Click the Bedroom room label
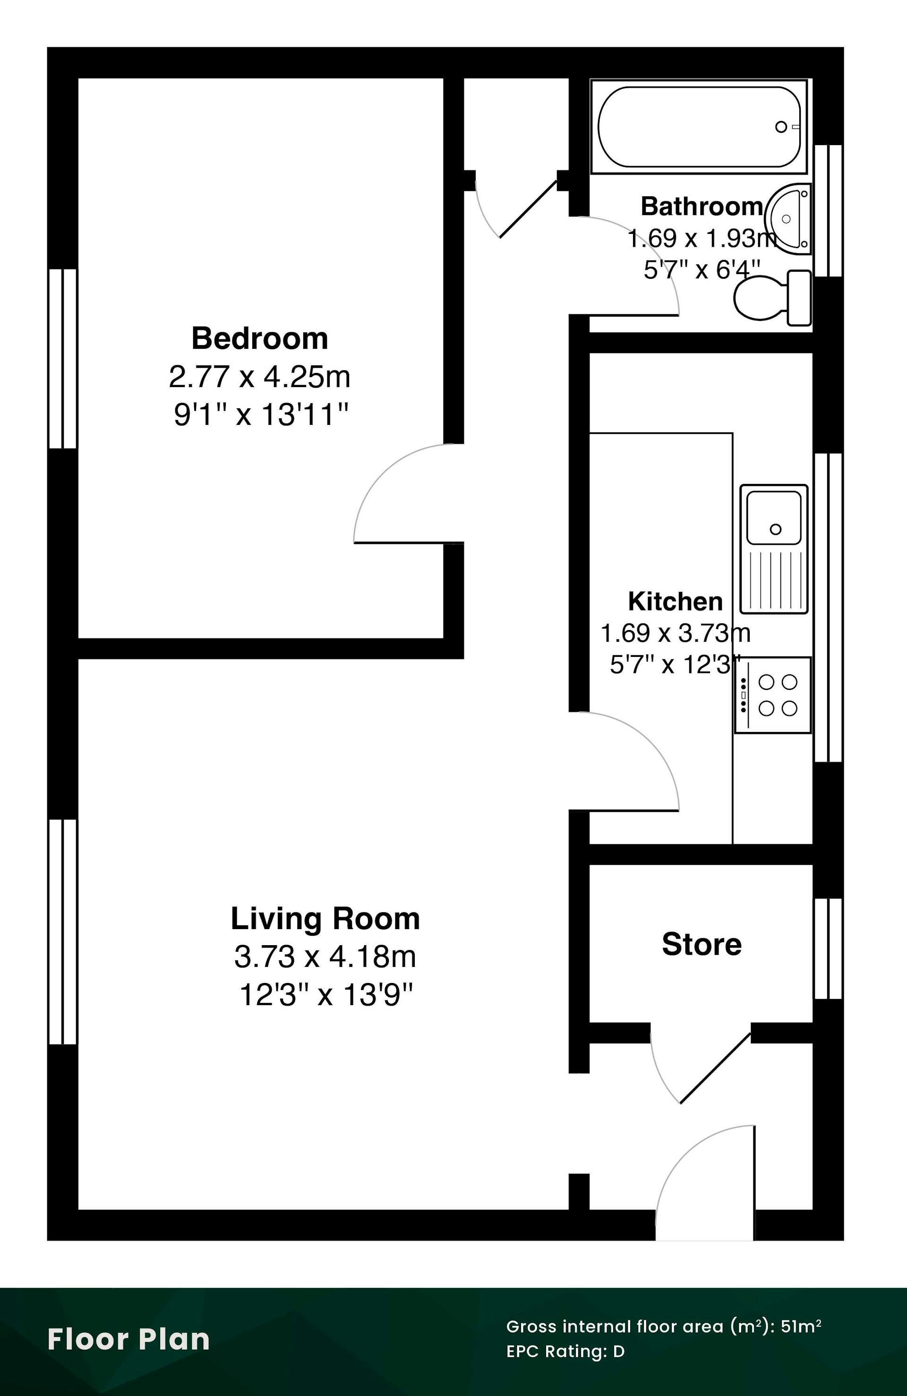(260, 339)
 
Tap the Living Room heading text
(325, 919)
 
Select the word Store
(702, 944)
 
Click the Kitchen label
(676, 602)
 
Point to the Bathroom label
(702, 207)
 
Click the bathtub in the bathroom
(699, 127)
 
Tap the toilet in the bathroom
(772, 297)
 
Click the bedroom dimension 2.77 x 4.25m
(260, 377)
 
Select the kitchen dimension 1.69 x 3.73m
(676, 633)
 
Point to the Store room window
(829, 948)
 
